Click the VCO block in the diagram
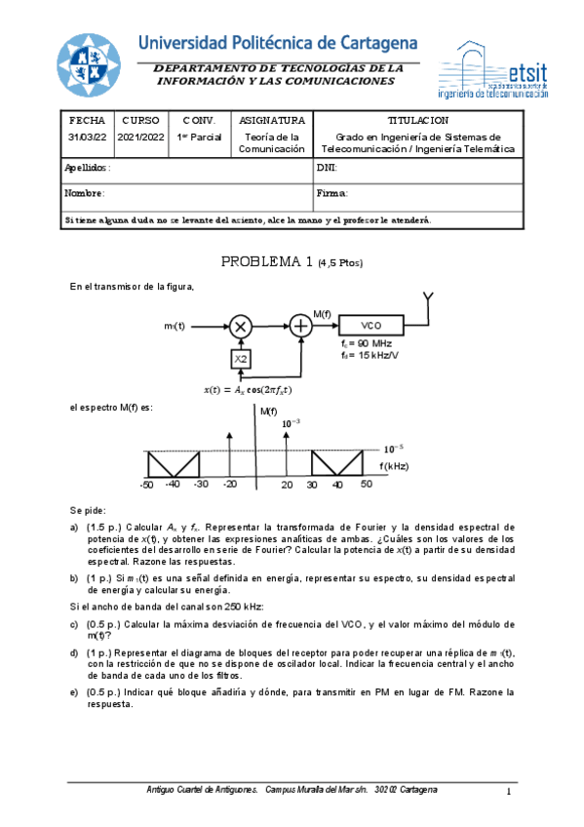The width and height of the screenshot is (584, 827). point(370,326)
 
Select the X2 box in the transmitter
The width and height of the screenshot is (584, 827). point(241,360)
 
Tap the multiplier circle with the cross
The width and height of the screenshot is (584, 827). point(241,327)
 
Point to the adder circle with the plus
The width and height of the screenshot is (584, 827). point(301,327)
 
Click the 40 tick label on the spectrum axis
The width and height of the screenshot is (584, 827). point(338,484)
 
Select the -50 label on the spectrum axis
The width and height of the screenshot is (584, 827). point(146,484)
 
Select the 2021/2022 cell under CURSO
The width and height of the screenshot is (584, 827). point(141,138)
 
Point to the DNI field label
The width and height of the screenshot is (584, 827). point(327,168)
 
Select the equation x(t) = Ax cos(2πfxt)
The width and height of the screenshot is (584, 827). point(248,390)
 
